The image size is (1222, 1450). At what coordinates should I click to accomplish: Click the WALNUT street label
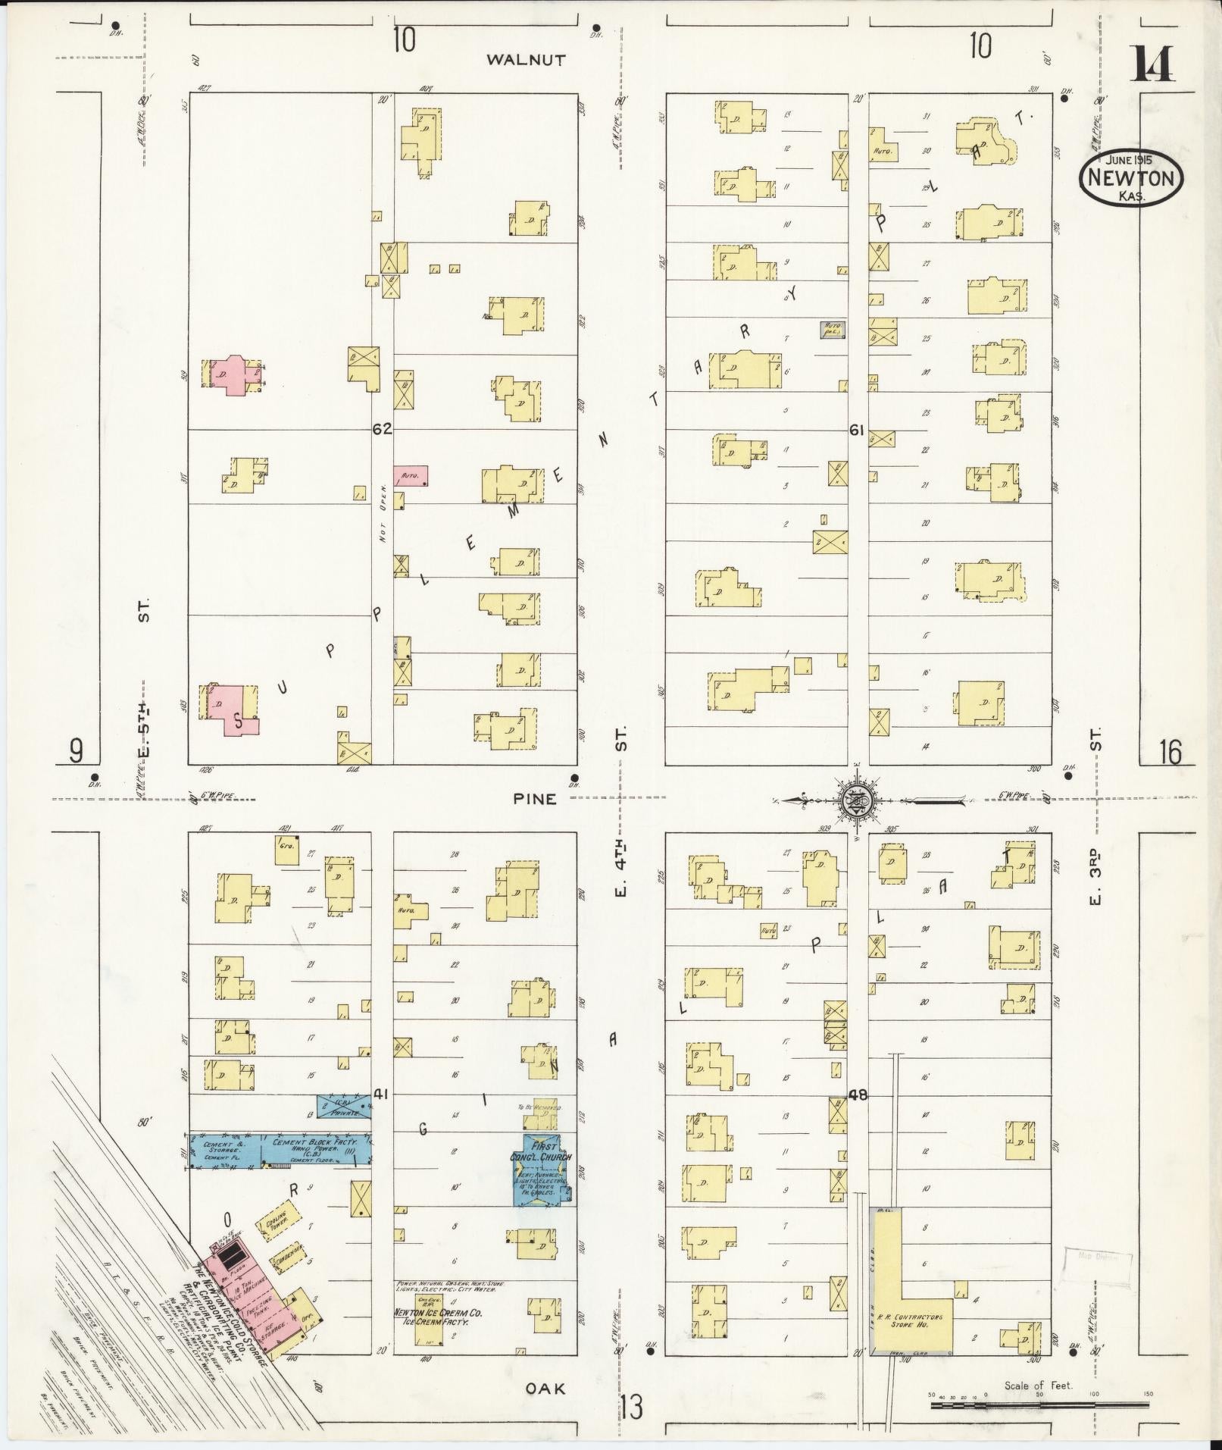pyautogui.click(x=526, y=60)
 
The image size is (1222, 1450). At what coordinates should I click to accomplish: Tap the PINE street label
pyautogui.click(x=535, y=798)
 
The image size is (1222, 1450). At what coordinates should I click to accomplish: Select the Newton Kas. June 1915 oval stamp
pyautogui.click(x=1131, y=178)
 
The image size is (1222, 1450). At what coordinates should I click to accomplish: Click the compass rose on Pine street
pyautogui.click(x=855, y=799)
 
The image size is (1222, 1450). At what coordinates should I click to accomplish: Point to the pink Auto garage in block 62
pyautogui.click(x=411, y=475)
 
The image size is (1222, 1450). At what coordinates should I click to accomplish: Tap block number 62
pyautogui.click(x=382, y=429)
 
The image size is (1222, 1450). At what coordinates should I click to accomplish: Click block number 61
pyautogui.click(x=857, y=430)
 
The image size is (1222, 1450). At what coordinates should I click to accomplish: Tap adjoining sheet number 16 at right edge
pyautogui.click(x=1169, y=753)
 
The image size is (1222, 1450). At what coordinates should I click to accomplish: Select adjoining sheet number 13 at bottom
pyautogui.click(x=630, y=1407)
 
